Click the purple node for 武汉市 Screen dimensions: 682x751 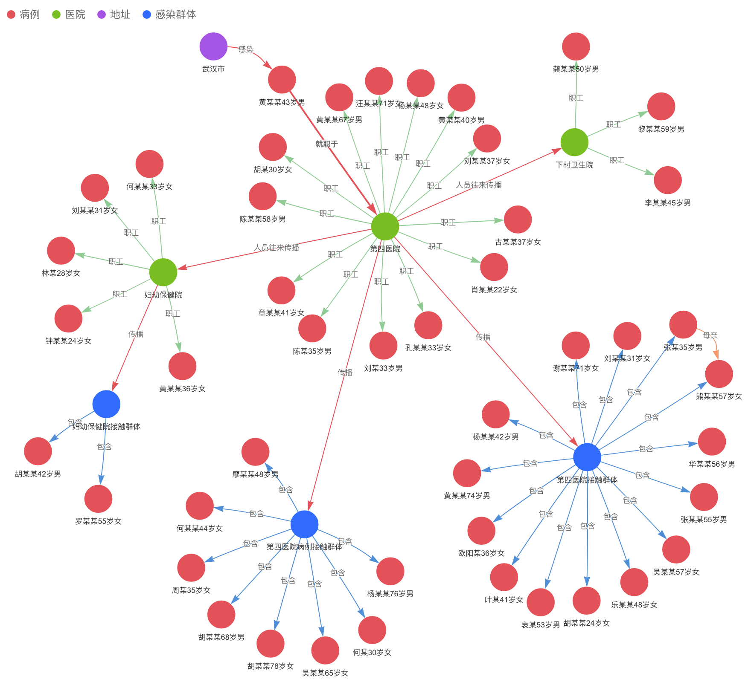pos(213,46)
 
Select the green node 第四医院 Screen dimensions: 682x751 pos(385,226)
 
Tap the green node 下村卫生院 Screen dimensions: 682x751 pos(574,142)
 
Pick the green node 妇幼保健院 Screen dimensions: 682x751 pos(163,272)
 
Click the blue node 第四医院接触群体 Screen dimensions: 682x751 pos(587,457)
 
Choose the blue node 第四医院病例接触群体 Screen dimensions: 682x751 pos(304,524)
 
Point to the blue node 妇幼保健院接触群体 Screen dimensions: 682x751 pos(106,404)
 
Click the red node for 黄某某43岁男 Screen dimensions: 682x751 pos(282,80)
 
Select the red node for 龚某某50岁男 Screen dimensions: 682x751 pos(576,46)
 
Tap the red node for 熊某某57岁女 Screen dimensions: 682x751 pos(719,374)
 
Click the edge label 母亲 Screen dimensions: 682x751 pos(710,335)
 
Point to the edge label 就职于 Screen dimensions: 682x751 pos(326,144)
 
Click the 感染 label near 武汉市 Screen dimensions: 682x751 pos(246,49)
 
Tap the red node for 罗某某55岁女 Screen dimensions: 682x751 pos(98,499)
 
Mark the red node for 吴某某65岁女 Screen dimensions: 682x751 pos(325,650)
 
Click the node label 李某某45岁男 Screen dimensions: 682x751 pos(667,203)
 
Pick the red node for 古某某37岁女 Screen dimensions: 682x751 pos(518,220)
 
